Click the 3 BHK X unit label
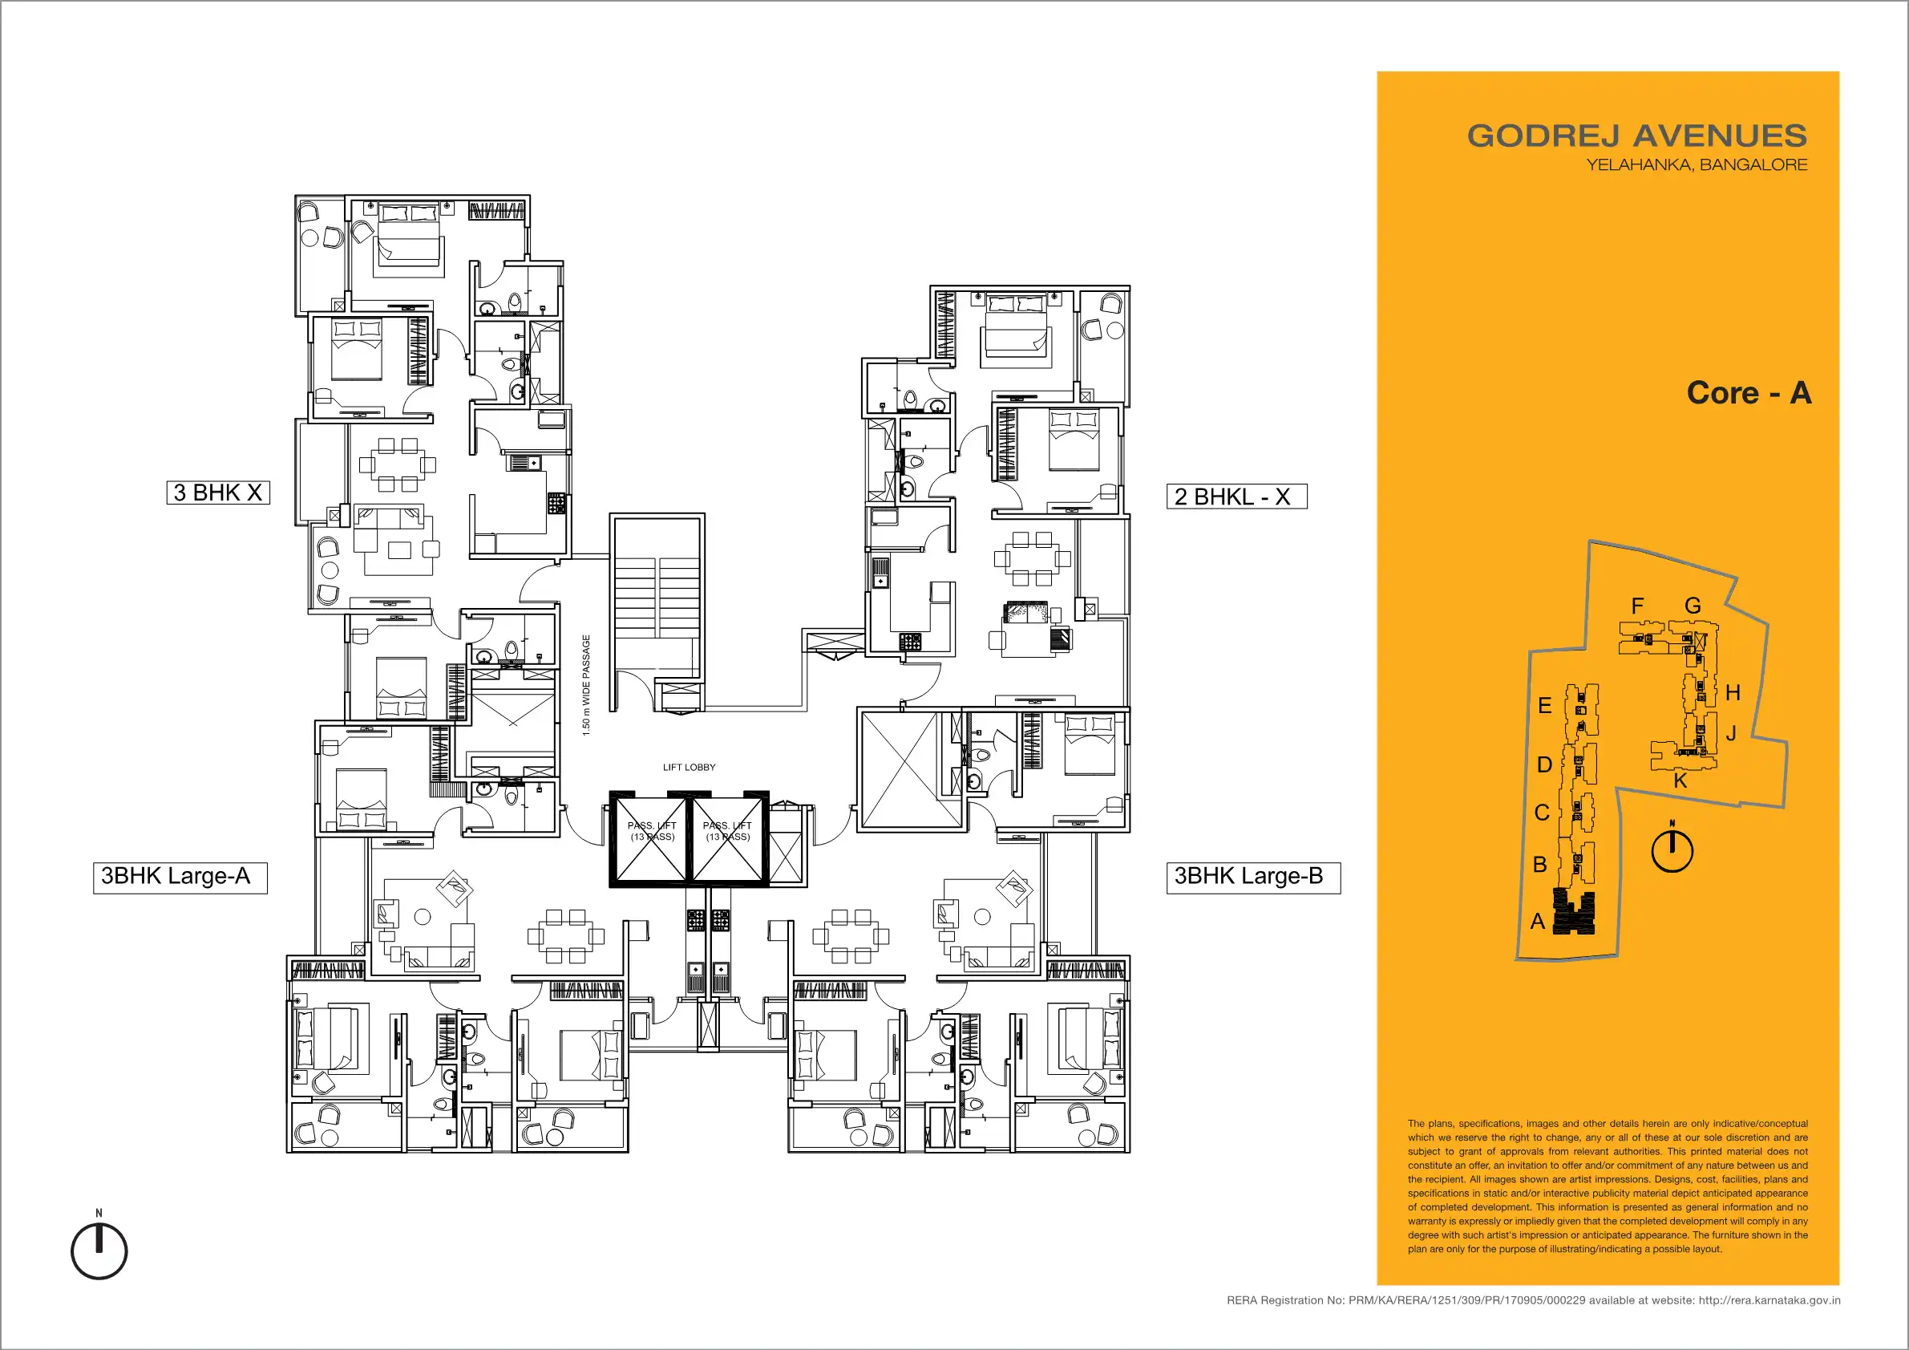click(218, 493)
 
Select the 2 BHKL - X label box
click(1236, 497)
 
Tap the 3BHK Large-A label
click(180, 878)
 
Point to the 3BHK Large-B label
click(1253, 878)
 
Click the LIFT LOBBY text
click(689, 768)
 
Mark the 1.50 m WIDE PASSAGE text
click(586, 685)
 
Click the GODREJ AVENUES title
click(1636, 136)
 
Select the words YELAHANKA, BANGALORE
click(1697, 164)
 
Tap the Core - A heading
click(1749, 392)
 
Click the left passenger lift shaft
click(651, 838)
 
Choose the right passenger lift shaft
click(728, 838)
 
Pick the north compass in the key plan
click(1672, 849)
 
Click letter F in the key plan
click(1637, 606)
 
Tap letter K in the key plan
click(1680, 781)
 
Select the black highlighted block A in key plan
click(1574, 912)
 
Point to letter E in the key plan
click(1545, 705)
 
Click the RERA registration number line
click(1533, 1300)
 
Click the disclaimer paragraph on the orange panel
click(1608, 1186)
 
